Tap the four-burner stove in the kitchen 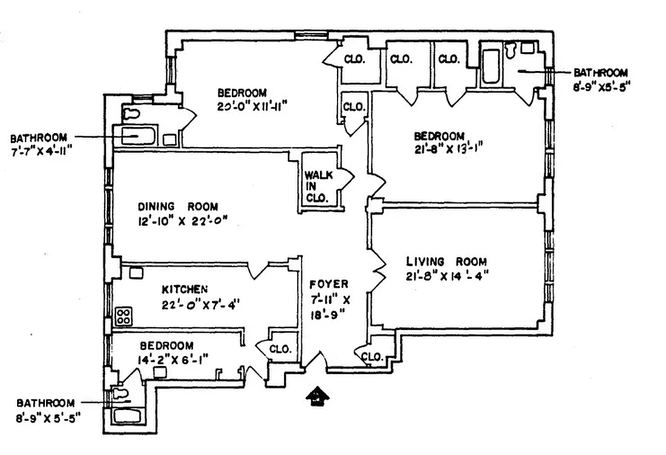click(123, 317)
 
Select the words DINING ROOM click(178, 208)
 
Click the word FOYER click(329, 284)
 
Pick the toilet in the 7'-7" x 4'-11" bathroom click(131, 113)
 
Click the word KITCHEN click(186, 289)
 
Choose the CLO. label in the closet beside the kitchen click(281, 349)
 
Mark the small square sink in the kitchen click(135, 273)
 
